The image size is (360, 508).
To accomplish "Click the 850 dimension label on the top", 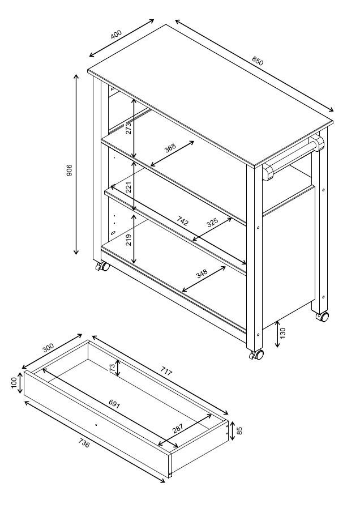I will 258,60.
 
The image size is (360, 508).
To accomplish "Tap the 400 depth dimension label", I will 117,34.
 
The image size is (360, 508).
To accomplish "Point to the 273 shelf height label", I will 128,127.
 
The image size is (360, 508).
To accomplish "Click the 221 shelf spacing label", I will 128,187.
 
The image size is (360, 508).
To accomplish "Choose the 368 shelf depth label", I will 170,148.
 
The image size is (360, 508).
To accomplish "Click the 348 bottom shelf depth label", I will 201,274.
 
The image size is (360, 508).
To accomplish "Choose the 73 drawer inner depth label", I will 112,369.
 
